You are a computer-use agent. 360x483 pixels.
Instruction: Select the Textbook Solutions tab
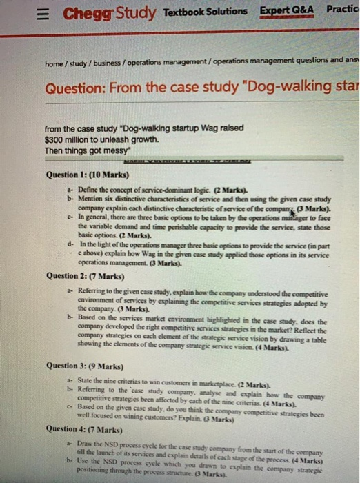pos(206,11)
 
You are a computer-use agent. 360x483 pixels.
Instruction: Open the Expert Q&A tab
pos(287,11)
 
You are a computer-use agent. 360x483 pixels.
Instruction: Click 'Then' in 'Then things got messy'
pos(54,149)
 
